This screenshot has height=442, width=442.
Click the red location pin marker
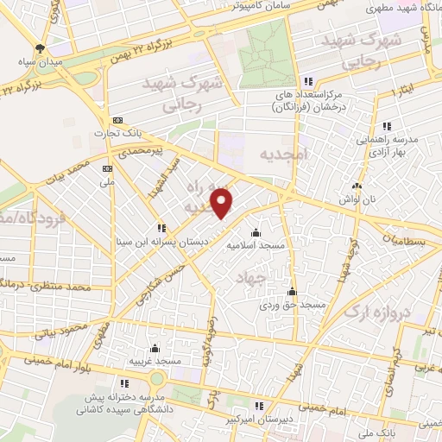223,203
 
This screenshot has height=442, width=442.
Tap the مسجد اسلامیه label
256,245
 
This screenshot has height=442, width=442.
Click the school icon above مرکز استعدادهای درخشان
307,81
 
